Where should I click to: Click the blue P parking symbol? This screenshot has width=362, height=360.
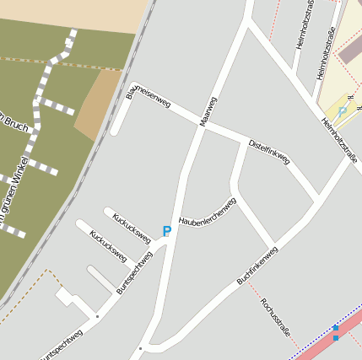pos(167,231)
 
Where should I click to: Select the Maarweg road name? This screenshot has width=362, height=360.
pos(207,112)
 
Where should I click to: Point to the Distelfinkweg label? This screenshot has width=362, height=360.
pos(269,152)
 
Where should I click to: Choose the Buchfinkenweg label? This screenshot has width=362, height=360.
pos(257,265)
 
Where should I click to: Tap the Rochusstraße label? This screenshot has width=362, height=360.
pos(275,317)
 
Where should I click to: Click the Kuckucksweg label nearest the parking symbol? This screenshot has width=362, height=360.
pos(132,228)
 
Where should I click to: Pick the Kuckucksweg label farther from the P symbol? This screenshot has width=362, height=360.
pos(108,245)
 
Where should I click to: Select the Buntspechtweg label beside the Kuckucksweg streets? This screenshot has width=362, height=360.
pos(134,272)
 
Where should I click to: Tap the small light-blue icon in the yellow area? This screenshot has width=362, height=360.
pos(343,111)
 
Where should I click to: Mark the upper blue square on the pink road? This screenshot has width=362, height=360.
pos(336,327)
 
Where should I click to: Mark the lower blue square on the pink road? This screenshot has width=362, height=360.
pos(336,338)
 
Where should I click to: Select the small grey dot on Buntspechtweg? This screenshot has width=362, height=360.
pos(97,316)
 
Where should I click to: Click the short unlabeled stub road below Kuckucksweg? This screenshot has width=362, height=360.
pos(101,279)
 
